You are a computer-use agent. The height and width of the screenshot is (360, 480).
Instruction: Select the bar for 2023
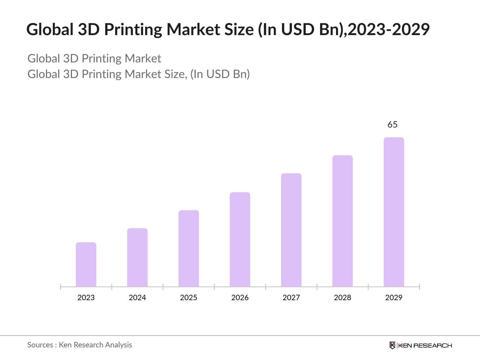tap(86, 264)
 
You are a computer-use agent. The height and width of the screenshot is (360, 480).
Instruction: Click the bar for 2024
tap(137, 257)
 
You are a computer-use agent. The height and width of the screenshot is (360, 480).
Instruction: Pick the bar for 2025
tap(189, 248)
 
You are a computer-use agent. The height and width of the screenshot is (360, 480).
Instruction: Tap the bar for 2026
tap(240, 239)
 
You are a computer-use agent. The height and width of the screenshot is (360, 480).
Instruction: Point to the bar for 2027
tap(291, 230)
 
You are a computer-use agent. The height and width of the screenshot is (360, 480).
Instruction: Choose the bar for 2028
tap(343, 221)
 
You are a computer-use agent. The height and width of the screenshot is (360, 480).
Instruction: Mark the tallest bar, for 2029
tap(394, 212)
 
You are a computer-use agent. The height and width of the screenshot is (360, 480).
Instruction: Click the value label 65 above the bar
tap(392, 124)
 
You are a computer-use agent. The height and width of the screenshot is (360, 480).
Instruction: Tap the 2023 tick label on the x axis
tap(86, 298)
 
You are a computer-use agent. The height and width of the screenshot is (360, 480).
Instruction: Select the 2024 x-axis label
tap(137, 298)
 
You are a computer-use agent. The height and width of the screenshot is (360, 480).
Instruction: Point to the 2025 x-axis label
tap(189, 298)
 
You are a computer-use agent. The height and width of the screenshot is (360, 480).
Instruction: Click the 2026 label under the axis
tap(240, 298)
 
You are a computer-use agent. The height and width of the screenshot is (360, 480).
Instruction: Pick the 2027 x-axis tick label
tap(291, 298)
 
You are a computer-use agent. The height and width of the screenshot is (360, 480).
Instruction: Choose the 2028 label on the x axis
tap(343, 298)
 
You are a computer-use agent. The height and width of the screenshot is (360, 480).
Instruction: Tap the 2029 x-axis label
tap(394, 298)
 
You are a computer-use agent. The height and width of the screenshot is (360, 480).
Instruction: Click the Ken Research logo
tap(421, 345)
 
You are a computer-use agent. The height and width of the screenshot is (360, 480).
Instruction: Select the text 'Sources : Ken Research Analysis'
tap(80, 345)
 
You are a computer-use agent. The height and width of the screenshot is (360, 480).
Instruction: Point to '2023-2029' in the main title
tap(389, 29)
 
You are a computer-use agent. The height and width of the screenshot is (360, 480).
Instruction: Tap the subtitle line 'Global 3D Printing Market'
tap(94, 58)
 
